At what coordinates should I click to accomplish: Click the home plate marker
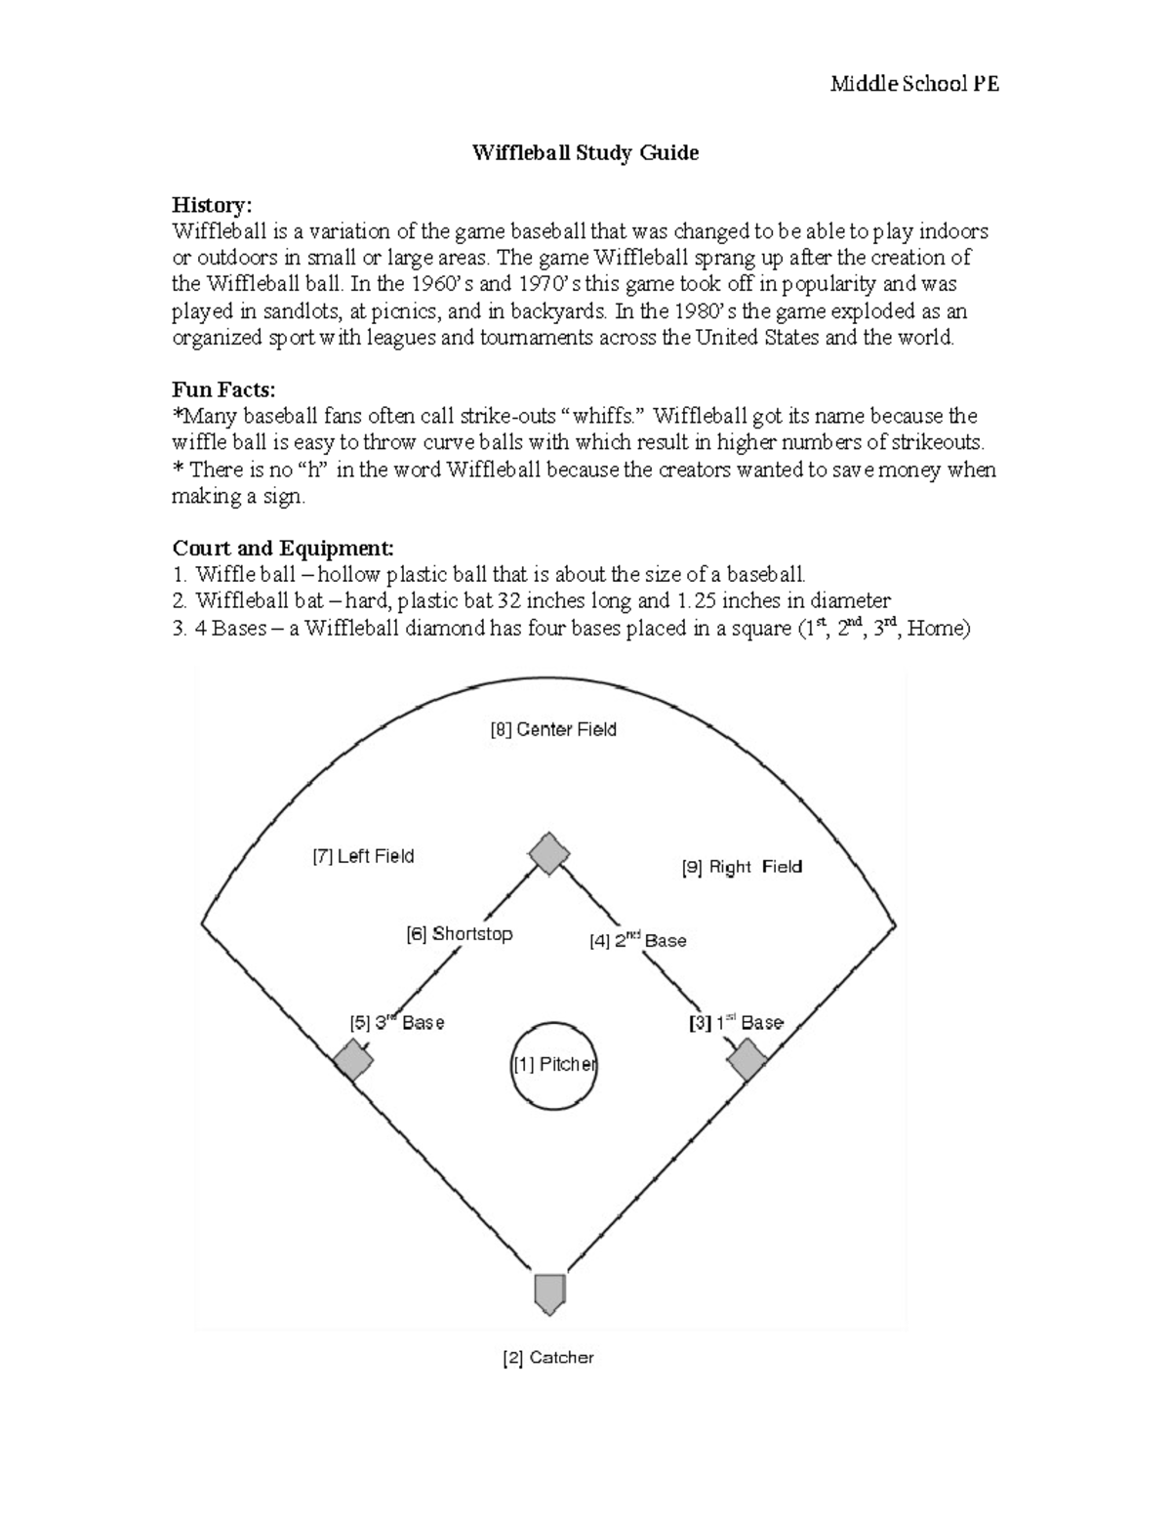(x=549, y=1291)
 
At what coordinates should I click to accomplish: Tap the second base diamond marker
(x=548, y=853)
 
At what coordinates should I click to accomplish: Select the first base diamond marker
(x=747, y=1059)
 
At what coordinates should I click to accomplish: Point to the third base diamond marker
(x=351, y=1059)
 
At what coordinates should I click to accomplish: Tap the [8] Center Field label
(x=552, y=729)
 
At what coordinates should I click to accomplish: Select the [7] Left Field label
(x=363, y=856)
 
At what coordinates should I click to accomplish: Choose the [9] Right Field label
(x=742, y=867)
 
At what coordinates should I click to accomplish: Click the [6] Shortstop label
(x=459, y=934)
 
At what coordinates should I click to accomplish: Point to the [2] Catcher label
(x=547, y=1358)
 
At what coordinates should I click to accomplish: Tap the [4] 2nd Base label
(x=638, y=941)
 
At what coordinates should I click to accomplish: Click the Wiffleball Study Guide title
(x=585, y=153)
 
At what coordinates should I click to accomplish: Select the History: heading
(x=212, y=205)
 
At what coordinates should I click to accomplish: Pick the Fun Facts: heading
(x=223, y=389)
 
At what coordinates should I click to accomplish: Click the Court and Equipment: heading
(x=283, y=548)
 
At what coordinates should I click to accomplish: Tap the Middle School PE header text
(x=914, y=84)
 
